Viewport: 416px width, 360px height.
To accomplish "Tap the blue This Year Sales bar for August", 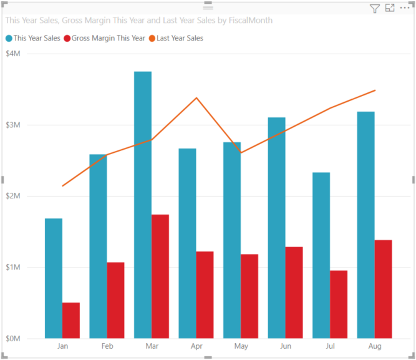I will click(x=365, y=225).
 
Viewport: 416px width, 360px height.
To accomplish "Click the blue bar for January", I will click(x=54, y=278).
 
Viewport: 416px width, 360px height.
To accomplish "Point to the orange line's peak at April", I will click(x=196, y=98).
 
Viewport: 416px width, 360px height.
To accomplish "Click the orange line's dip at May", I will click(x=241, y=152).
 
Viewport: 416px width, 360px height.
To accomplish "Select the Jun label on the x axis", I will click(x=286, y=346).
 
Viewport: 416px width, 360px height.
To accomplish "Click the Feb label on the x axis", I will click(x=107, y=346).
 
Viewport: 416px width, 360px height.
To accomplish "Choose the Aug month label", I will click(x=375, y=346).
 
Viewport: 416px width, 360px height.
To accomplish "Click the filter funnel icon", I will click(x=374, y=9).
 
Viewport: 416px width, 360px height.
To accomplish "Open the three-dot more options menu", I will click(x=405, y=9).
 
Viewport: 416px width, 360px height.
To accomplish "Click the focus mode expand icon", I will click(x=390, y=9).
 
